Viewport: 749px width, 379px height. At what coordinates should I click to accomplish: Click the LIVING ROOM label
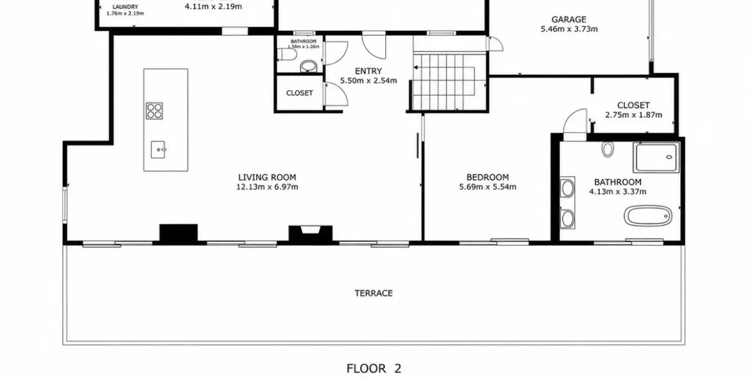[267, 177]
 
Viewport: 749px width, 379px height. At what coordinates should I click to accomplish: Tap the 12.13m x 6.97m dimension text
[267, 187]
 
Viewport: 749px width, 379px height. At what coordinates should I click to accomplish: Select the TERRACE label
[374, 293]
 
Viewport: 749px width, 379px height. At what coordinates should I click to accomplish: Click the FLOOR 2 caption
[374, 369]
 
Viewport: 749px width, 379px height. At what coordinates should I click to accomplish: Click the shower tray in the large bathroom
[656, 157]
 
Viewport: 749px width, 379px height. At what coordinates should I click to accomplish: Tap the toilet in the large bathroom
[607, 150]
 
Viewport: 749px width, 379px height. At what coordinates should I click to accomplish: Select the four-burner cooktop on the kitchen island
[154, 110]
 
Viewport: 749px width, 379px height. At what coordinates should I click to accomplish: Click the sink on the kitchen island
[159, 150]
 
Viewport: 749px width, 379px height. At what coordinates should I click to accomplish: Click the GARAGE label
[569, 19]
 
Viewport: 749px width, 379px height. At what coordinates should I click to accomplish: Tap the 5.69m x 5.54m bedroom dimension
[488, 187]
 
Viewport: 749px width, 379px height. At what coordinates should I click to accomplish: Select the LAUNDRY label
[125, 7]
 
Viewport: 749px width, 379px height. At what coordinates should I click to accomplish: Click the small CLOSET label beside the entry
[300, 93]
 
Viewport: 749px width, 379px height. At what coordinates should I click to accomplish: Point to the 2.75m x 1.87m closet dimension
[633, 115]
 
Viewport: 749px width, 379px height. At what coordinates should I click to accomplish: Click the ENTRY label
[368, 71]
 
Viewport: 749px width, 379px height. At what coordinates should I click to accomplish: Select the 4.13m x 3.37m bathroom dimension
[618, 192]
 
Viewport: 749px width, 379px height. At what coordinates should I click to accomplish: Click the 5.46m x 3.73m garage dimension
[569, 29]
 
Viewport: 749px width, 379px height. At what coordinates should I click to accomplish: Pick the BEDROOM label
[488, 177]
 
